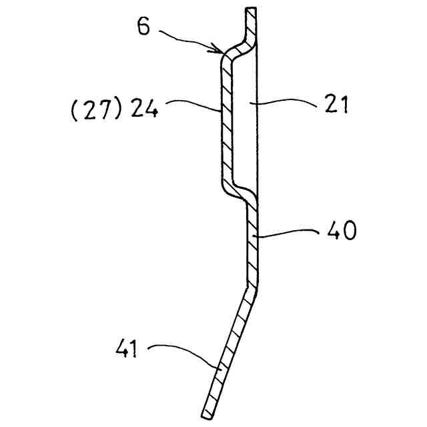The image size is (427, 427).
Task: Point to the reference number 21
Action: [x=336, y=105]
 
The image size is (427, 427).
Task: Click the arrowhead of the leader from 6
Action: [x=220, y=50]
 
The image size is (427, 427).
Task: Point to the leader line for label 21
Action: [x=287, y=101]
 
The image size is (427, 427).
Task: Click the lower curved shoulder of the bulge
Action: [x=236, y=193]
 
